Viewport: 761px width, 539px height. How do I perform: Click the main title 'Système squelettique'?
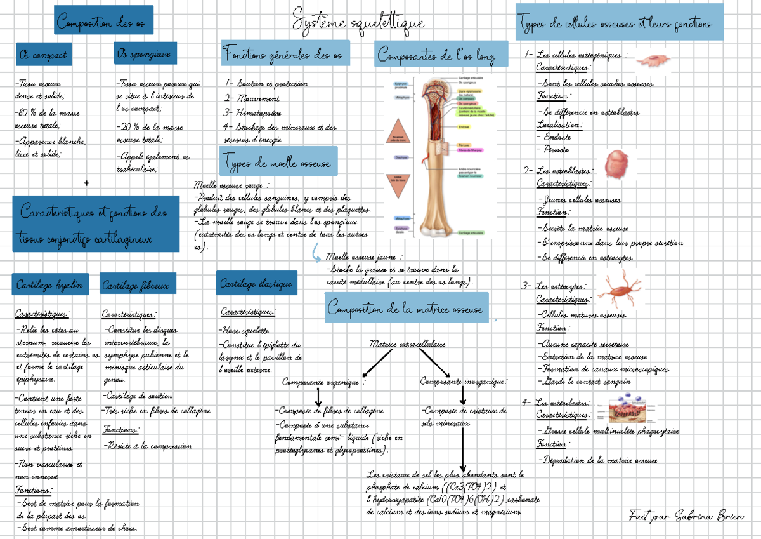point(358,22)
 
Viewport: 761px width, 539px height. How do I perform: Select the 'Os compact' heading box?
point(43,55)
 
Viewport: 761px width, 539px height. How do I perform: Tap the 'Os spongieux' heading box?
point(145,54)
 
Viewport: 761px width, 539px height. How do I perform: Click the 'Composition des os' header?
point(104,21)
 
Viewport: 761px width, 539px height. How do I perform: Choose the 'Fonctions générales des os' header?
point(284,55)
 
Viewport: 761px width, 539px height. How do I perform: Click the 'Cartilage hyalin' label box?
point(50,285)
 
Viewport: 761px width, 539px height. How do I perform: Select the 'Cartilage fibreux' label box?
point(136,285)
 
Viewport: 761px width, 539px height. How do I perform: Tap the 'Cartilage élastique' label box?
point(256,283)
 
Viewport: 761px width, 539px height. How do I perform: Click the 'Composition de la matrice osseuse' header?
point(406,309)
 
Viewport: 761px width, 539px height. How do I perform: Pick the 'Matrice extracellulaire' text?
point(407,344)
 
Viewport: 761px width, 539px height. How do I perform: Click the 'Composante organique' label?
point(322,382)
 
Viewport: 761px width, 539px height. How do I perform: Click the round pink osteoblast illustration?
point(616,164)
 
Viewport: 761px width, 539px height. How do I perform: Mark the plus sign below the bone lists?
point(86,183)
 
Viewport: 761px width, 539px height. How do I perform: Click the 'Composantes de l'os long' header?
point(441,55)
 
